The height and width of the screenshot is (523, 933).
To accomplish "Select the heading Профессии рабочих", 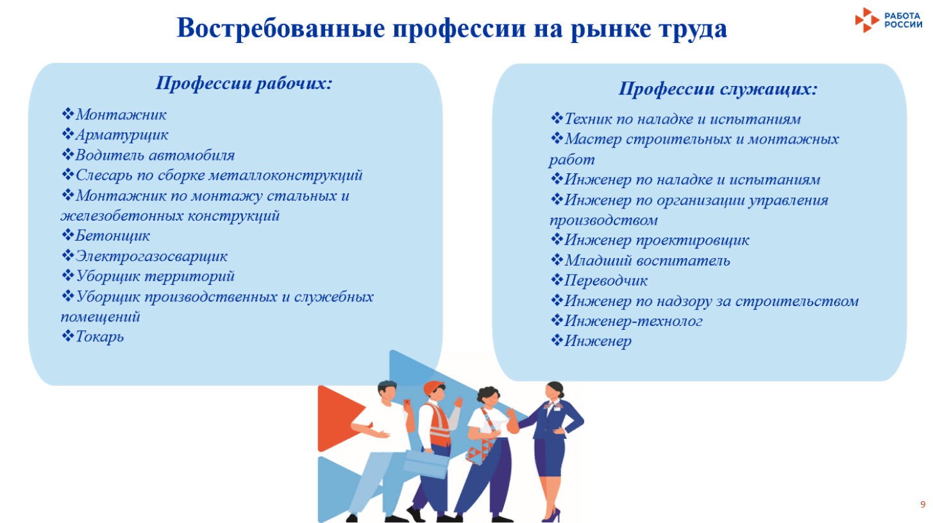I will (244, 83).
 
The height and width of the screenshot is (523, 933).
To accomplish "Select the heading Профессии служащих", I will (718, 89).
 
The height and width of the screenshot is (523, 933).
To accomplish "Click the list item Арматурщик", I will (121, 135).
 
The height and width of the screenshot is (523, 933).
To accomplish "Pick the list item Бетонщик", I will (112, 236).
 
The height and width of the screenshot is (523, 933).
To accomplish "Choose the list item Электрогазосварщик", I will (151, 256).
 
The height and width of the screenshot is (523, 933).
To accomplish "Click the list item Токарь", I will (99, 336).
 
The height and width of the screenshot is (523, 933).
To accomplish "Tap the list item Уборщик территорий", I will (155, 276).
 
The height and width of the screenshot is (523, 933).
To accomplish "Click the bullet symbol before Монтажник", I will (67, 115).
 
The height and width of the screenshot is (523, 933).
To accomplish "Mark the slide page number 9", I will (922, 504).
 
